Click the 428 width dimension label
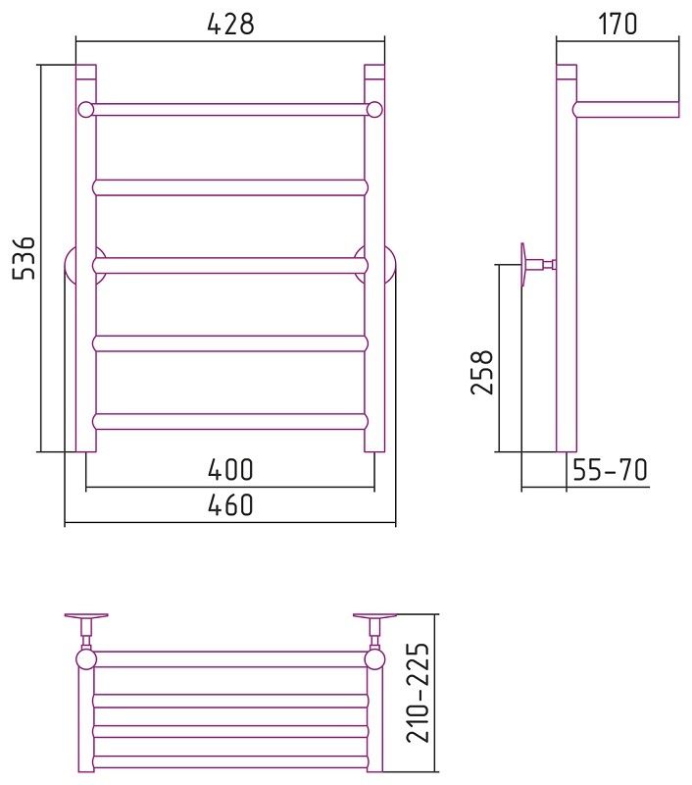click(230, 24)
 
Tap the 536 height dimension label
click(24, 257)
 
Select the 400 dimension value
click(230, 470)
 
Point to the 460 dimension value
click(230, 505)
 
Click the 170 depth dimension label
click(618, 24)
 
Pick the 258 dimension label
click(482, 372)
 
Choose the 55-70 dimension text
click(610, 470)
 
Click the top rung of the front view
click(230, 110)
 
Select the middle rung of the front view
click(230, 265)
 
